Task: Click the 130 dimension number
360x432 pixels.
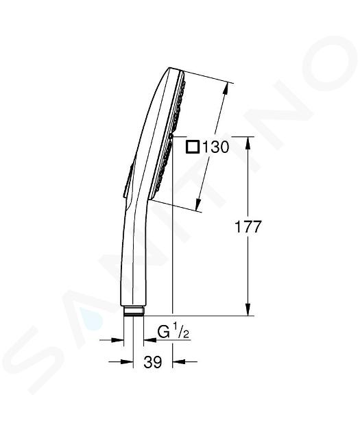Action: click(x=216, y=147)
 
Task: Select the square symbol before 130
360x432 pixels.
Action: click(x=193, y=147)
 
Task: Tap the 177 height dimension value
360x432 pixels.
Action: click(x=248, y=227)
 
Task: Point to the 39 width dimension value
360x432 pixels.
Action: click(x=153, y=362)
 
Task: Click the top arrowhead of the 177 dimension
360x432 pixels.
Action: click(x=248, y=143)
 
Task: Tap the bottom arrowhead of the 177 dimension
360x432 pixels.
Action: click(x=248, y=309)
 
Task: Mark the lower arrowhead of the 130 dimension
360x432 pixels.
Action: click(x=199, y=204)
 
